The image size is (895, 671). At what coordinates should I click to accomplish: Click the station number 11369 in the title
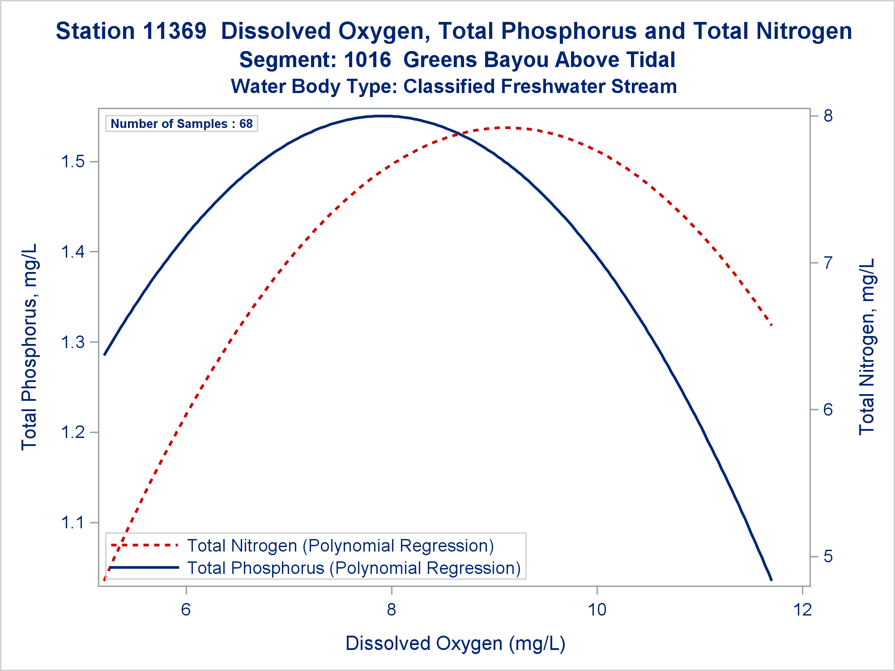(175, 31)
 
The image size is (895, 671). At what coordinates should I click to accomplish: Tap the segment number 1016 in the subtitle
(367, 60)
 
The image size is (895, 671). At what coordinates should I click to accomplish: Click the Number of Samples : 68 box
(181, 123)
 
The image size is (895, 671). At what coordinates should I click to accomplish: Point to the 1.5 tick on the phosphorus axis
(73, 161)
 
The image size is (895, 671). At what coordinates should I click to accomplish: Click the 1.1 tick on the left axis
(73, 522)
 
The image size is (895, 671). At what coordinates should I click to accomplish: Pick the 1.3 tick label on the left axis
(73, 342)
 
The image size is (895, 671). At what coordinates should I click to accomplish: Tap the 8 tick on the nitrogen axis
(828, 116)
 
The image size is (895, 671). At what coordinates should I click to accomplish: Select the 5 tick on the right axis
(828, 556)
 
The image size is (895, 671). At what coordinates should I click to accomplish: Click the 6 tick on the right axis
(828, 410)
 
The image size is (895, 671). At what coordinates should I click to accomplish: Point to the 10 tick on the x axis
(597, 609)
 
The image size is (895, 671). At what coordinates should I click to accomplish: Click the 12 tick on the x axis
(803, 609)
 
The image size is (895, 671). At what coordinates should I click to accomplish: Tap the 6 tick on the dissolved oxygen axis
(186, 609)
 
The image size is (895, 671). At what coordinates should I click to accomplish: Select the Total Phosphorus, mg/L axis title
(29, 347)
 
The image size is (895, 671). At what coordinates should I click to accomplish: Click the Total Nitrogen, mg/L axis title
(867, 347)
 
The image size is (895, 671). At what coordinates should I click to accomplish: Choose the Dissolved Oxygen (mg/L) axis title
(455, 643)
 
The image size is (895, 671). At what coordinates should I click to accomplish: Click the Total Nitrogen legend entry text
(340, 546)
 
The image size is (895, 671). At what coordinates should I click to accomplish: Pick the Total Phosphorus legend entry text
(354, 568)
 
